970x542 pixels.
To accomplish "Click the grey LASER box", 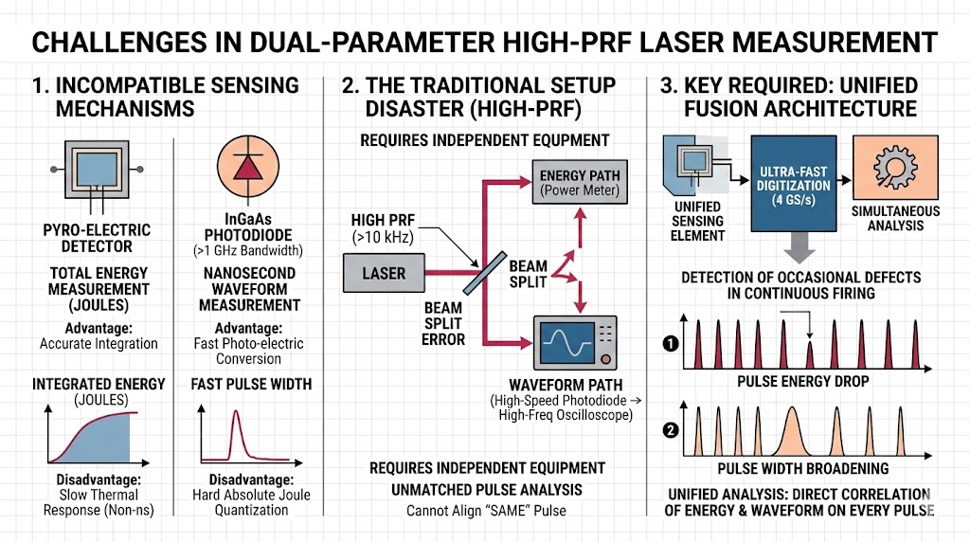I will point(384,273).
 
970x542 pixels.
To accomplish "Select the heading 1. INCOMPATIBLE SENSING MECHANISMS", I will point(165,97).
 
